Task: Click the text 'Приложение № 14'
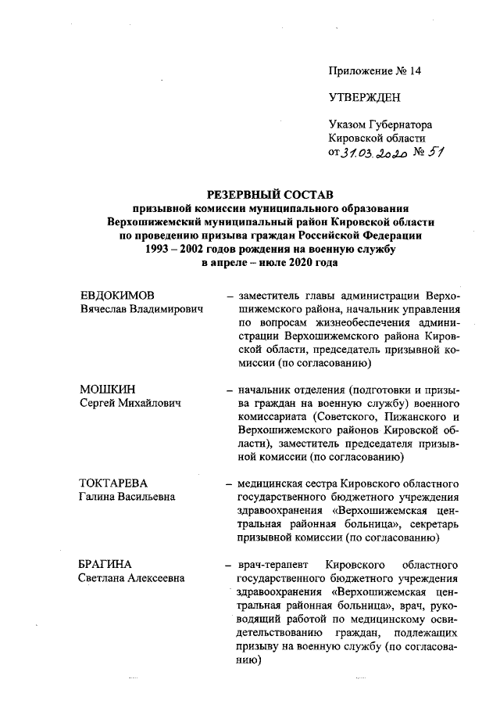pyautogui.click(x=375, y=70)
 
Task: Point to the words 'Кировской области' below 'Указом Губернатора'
pyautogui.click(x=377, y=138)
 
